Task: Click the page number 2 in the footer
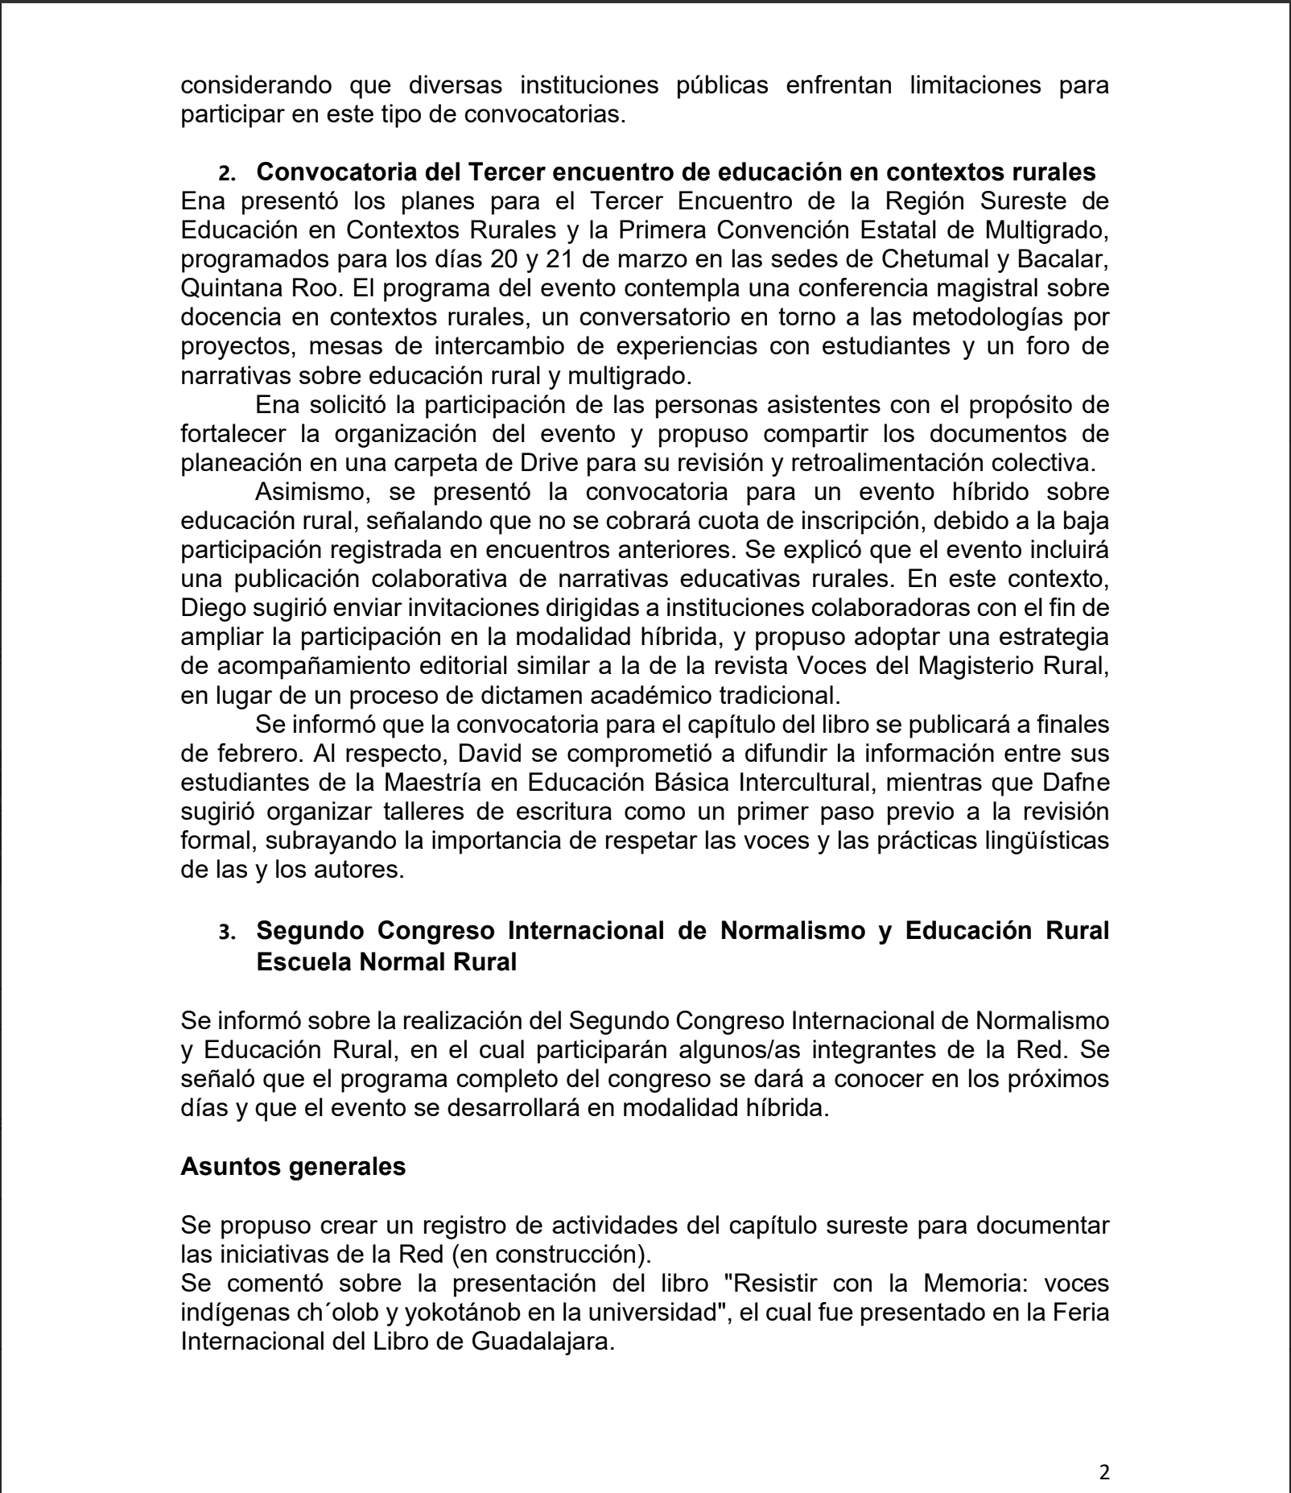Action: [x=1104, y=1473]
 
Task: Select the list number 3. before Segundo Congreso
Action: [x=228, y=933]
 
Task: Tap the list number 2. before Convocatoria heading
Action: [x=228, y=174]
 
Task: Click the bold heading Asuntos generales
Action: [x=293, y=1166]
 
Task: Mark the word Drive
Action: [x=645, y=463]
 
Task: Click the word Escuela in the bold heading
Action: [x=303, y=962]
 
